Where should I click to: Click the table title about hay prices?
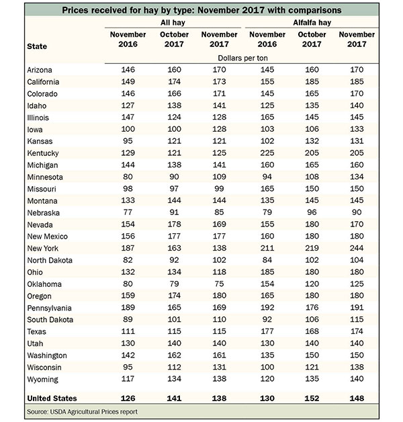(201, 10)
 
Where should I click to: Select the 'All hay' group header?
(173, 23)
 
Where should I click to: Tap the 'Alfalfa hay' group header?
(312, 23)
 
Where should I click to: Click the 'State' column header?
(37, 46)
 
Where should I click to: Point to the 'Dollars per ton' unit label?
(242, 58)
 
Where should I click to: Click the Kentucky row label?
(43, 153)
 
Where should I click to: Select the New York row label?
(42, 248)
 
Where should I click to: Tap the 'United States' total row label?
(52, 398)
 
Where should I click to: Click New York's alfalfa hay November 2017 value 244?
(357, 248)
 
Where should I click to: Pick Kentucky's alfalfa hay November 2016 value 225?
(267, 153)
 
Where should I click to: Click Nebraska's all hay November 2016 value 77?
(128, 212)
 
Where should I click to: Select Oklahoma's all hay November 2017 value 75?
(219, 284)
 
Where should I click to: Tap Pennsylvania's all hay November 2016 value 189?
(128, 307)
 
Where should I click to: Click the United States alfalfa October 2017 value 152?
(312, 398)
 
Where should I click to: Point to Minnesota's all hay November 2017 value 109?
(219, 177)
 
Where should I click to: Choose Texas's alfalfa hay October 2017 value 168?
(312, 331)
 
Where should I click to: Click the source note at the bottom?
(82, 412)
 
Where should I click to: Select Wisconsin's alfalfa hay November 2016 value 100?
(267, 367)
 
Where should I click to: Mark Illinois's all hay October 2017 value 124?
(174, 117)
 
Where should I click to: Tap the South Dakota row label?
(50, 320)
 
